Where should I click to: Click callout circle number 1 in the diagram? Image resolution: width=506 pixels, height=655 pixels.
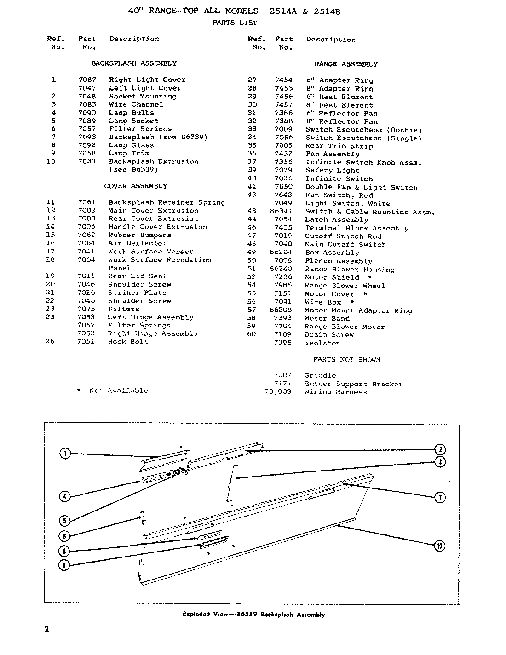tap(65, 454)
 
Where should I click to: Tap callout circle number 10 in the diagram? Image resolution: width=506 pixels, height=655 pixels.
tap(440, 546)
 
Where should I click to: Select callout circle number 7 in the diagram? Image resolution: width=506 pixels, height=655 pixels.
tap(440, 497)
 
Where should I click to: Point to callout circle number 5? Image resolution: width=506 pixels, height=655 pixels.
tap(65, 521)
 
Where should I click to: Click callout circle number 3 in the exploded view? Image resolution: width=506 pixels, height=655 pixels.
tap(440, 462)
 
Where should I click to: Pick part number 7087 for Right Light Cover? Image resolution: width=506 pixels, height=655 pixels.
tap(87, 80)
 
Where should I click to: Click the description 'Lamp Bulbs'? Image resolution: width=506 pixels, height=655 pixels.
tap(131, 113)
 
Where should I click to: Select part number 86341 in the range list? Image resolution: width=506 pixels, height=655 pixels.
tap(281, 212)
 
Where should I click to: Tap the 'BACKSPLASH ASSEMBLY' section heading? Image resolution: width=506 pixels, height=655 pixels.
tap(133, 63)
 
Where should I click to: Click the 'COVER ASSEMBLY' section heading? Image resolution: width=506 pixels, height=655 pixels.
tap(135, 186)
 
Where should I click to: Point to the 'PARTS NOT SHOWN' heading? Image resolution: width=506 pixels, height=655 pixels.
tap(347, 359)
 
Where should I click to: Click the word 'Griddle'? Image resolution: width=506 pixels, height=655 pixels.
tap(320, 375)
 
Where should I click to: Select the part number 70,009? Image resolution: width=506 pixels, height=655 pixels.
tap(277, 392)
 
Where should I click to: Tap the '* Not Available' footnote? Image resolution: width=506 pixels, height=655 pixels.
tap(112, 391)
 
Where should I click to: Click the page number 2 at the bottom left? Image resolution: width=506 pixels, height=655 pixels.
tap(46, 629)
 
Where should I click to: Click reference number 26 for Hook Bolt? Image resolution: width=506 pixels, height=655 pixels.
tap(51, 342)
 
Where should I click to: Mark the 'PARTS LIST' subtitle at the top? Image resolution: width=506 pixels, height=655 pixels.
tap(235, 23)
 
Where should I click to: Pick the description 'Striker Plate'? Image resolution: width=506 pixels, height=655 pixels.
tap(137, 293)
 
